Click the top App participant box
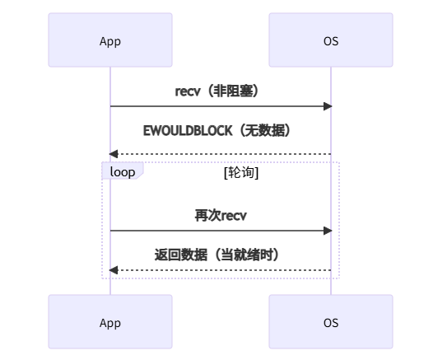pyautogui.click(x=110, y=40)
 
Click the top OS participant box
pyautogui.click(x=331, y=40)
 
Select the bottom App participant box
pyautogui.click(x=110, y=322)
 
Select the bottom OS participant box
pyautogui.click(x=331, y=322)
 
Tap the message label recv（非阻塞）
pyautogui.click(x=221, y=91)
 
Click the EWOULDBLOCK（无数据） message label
pyautogui.click(x=221, y=130)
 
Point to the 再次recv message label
pyautogui.click(x=221, y=216)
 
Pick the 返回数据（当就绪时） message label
pyautogui.click(x=221, y=255)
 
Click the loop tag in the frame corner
pyautogui.click(x=123, y=171)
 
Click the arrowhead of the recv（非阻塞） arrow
pyautogui.click(x=327, y=106)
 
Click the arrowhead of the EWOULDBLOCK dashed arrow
pyautogui.click(x=114, y=154)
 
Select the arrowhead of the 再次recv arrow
pyautogui.click(x=327, y=231)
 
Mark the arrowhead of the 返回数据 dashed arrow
pyautogui.click(x=114, y=270)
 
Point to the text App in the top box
pyautogui.click(x=110, y=40)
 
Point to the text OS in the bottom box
pyautogui.click(x=331, y=322)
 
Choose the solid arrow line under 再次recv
pyautogui.click(x=221, y=231)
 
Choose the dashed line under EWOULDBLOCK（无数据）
pyautogui.click(x=221, y=154)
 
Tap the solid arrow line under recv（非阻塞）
pyautogui.click(x=221, y=106)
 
